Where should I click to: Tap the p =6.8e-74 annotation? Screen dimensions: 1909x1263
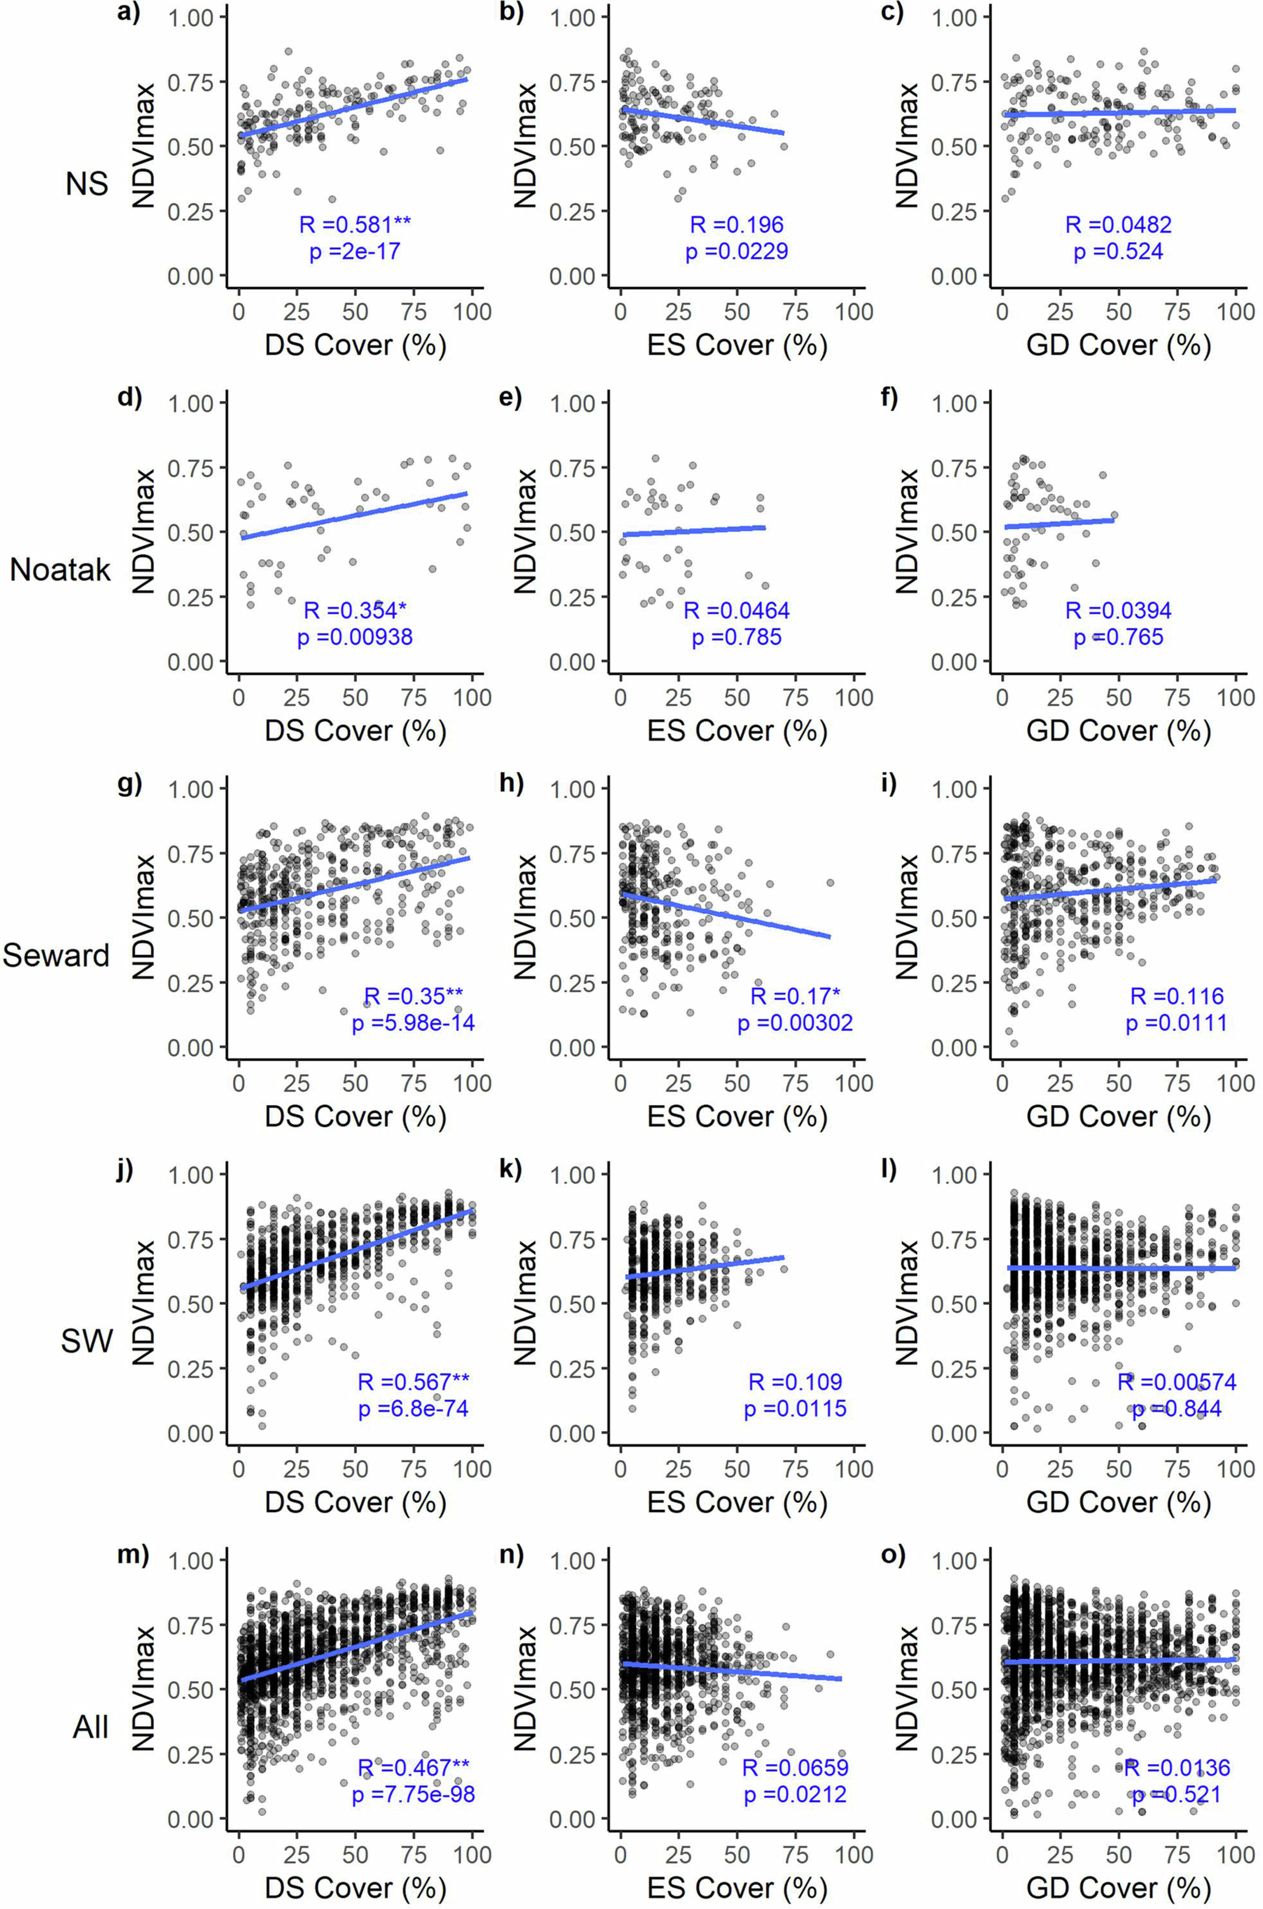pyautogui.click(x=413, y=1409)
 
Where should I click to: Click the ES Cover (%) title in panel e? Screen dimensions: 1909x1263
pyautogui.click(x=737, y=731)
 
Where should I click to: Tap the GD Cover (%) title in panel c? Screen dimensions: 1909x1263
pyautogui.click(x=1119, y=345)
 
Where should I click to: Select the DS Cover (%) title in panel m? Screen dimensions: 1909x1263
pyautogui.click(x=355, y=1888)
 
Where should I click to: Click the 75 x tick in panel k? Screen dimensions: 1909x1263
pyautogui.click(x=796, y=1468)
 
